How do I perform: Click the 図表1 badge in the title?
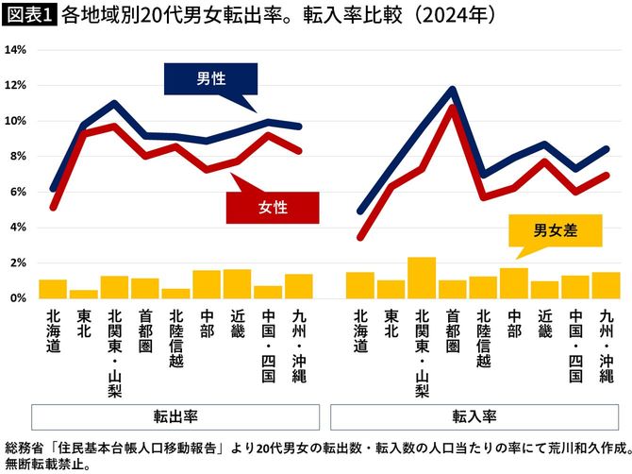[x=30, y=15]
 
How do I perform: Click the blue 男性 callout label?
[x=210, y=79]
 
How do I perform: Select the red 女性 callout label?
[x=274, y=206]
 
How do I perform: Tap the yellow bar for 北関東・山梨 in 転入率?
[x=422, y=278]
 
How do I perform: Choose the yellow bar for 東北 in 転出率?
[x=83, y=294]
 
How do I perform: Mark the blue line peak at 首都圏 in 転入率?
[x=453, y=90]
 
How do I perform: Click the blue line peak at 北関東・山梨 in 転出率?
[x=113, y=103]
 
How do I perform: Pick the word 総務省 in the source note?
[x=24, y=447]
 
